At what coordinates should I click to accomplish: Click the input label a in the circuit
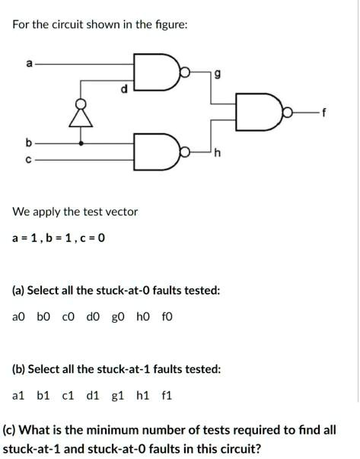29,63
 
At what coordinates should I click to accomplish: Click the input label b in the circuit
28,143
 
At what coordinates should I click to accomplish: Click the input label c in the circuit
28,160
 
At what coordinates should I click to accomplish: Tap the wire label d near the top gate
124,89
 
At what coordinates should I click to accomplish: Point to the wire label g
217,75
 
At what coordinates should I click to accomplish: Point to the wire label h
218,152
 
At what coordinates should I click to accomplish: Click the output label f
323,113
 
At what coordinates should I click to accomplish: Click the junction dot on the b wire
81,143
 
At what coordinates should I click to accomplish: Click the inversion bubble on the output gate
288,112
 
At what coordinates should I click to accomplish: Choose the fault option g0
118,317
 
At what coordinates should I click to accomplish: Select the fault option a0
19,317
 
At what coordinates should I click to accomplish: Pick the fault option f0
167,317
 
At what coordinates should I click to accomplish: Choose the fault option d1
93,396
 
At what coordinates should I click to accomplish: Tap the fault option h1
142,396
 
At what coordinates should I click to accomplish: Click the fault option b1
43,396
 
